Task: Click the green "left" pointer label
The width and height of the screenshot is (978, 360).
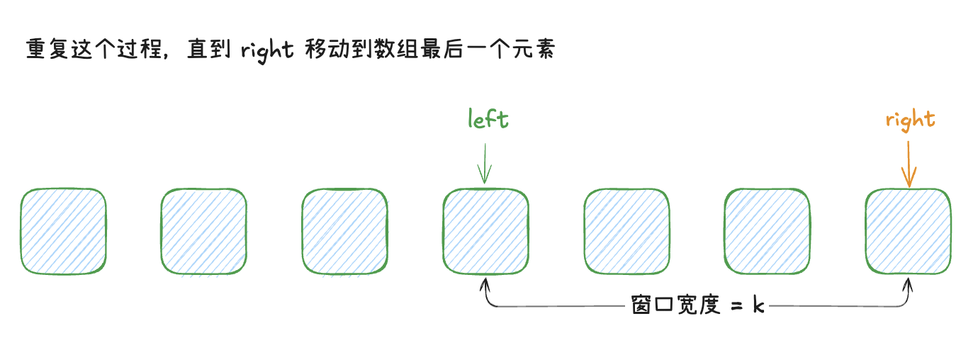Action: (x=488, y=118)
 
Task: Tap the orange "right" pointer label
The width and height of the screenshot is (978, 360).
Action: (x=911, y=120)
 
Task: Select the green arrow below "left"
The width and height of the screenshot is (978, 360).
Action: (x=485, y=164)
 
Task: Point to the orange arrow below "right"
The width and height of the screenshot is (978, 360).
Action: (x=909, y=164)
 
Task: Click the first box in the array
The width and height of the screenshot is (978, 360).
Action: (x=63, y=231)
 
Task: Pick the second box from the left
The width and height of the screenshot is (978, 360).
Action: (x=204, y=231)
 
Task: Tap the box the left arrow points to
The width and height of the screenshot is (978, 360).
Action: (x=486, y=231)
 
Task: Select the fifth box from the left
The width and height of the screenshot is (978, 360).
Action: (x=627, y=231)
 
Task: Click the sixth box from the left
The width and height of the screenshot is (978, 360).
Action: (x=767, y=231)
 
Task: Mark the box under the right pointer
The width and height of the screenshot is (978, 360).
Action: (x=908, y=231)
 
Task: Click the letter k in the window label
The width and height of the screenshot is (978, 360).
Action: (x=758, y=305)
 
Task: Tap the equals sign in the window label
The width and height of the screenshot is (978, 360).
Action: (x=736, y=306)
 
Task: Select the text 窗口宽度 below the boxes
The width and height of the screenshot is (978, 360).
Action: (x=675, y=305)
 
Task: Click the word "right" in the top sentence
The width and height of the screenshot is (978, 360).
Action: (x=267, y=50)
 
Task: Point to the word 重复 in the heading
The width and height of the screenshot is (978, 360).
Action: (x=47, y=48)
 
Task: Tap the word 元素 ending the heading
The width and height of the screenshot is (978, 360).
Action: (x=534, y=48)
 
